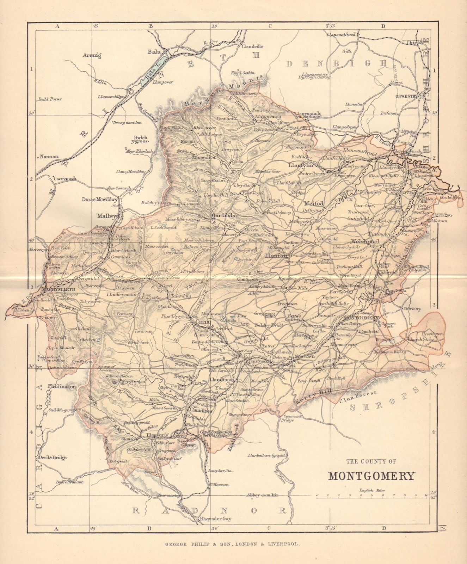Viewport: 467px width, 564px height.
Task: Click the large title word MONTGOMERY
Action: point(371,476)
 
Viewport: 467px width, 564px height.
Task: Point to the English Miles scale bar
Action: point(372,496)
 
